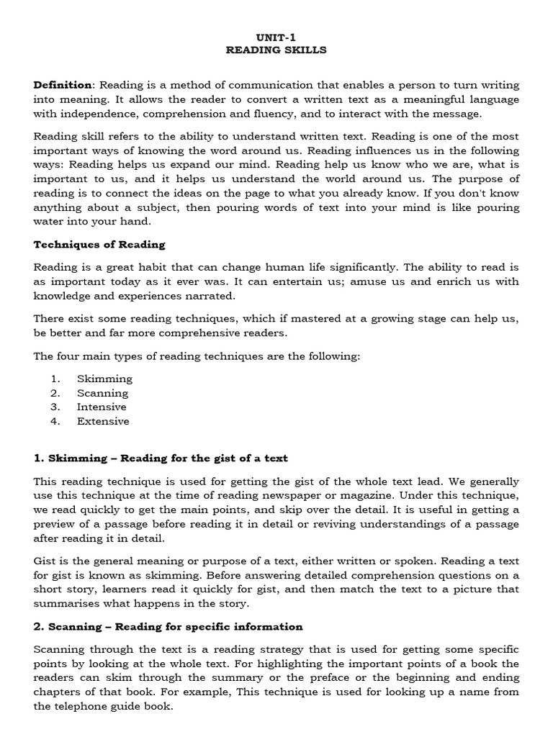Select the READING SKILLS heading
click(x=276, y=50)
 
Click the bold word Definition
click(x=63, y=85)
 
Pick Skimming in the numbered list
click(x=104, y=379)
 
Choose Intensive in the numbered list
click(x=102, y=407)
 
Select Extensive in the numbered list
click(x=103, y=421)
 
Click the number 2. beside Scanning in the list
click(x=55, y=393)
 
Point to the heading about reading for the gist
click(x=161, y=458)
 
